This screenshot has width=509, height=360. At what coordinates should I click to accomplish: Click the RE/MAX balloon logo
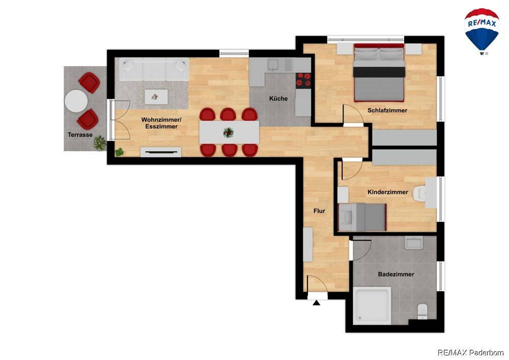482,32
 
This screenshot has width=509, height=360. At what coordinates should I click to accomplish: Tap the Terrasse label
80,135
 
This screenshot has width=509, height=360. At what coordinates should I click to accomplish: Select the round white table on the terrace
76,101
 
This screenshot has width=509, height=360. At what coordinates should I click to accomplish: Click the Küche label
278,98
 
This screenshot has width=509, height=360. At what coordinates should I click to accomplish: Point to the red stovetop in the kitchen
303,79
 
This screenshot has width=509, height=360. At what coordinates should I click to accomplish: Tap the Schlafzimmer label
387,110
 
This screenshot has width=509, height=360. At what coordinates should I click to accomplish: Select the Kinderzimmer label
387,192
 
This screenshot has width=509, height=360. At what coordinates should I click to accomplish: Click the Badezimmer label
395,274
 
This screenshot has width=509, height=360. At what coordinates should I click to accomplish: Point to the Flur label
319,211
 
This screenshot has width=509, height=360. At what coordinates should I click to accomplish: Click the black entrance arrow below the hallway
317,303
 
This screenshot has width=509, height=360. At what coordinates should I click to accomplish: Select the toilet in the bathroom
422,311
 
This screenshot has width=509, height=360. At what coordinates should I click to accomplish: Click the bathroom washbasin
413,243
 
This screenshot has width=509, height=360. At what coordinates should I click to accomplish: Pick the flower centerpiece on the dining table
228,132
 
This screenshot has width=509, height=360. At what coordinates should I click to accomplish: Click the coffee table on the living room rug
156,97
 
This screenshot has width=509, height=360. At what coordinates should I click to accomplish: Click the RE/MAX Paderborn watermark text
471,352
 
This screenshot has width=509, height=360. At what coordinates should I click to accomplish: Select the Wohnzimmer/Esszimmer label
161,123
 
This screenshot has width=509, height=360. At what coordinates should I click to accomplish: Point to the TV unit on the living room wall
161,152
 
